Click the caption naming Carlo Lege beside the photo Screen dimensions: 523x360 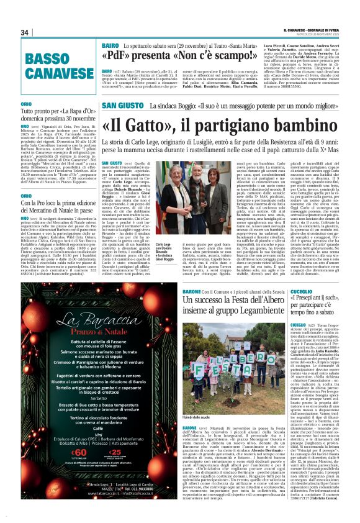coord(163,248)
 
